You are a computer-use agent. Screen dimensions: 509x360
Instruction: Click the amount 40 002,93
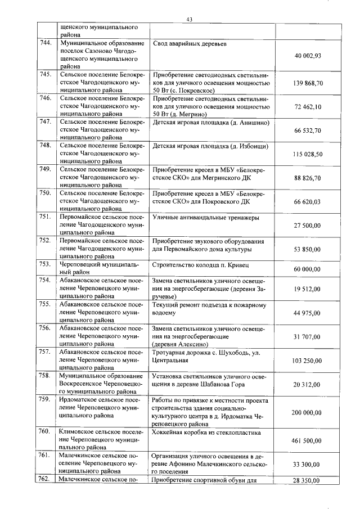(307, 56)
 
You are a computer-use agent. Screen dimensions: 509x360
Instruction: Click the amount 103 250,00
(307, 360)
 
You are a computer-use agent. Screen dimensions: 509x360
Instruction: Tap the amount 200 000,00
(307, 412)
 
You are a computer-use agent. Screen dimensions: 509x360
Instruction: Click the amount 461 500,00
(307, 440)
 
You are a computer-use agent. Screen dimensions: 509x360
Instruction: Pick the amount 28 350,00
(307, 481)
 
